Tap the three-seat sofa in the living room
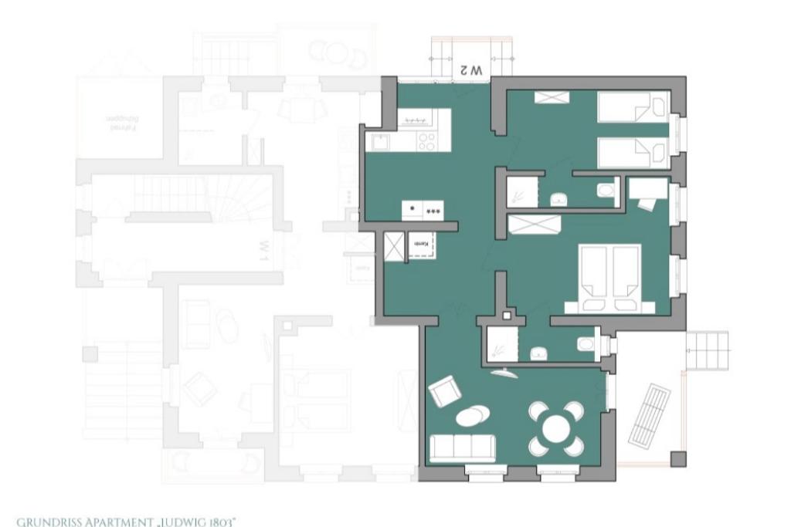pos(462,448)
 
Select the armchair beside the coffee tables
pos(445,390)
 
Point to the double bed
pos(610,278)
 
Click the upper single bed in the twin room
pos(633,106)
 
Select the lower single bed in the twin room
pos(633,153)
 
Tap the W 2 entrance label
pos(470,69)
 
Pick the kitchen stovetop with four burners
pos(427,141)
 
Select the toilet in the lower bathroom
pos(587,344)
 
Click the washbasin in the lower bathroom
pos(538,353)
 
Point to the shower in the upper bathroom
pos(522,191)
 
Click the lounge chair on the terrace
pos(648,414)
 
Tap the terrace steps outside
pos(708,351)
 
